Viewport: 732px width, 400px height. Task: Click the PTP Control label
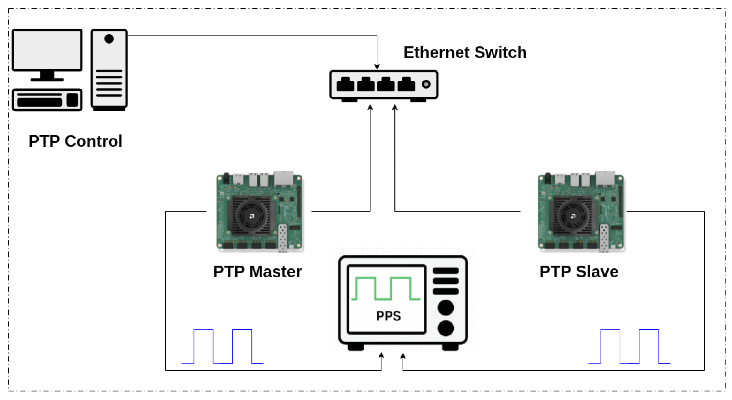pyautogui.click(x=76, y=141)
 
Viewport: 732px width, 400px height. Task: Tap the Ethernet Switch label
pyautogui.click(x=465, y=52)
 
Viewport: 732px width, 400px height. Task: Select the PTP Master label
pyautogui.click(x=258, y=272)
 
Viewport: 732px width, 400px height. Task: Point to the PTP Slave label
pyautogui.click(x=579, y=272)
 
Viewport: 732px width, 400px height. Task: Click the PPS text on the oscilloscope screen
pyautogui.click(x=388, y=316)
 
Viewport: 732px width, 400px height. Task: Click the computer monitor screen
pyautogui.click(x=47, y=50)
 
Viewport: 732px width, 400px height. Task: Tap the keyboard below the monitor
pyautogui.click(x=47, y=100)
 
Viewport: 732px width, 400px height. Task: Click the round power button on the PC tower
pyautogui.click(x=109, y=39)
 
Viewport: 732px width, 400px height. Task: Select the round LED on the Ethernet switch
pyautogui.click(x=426, y=84)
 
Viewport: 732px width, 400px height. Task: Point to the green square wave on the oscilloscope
pyautogui.click(x=386, y=288)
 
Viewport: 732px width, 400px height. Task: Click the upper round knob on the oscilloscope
pyautogui.click(x=446, y=308)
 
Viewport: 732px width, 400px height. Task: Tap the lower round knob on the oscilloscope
pyautogui.click(x=446, y=328)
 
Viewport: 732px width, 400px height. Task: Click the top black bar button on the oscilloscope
pyautogui.click(x=446, y=271)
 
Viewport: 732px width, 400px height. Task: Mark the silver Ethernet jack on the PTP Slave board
pyautogui.click(x=605, y=179)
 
